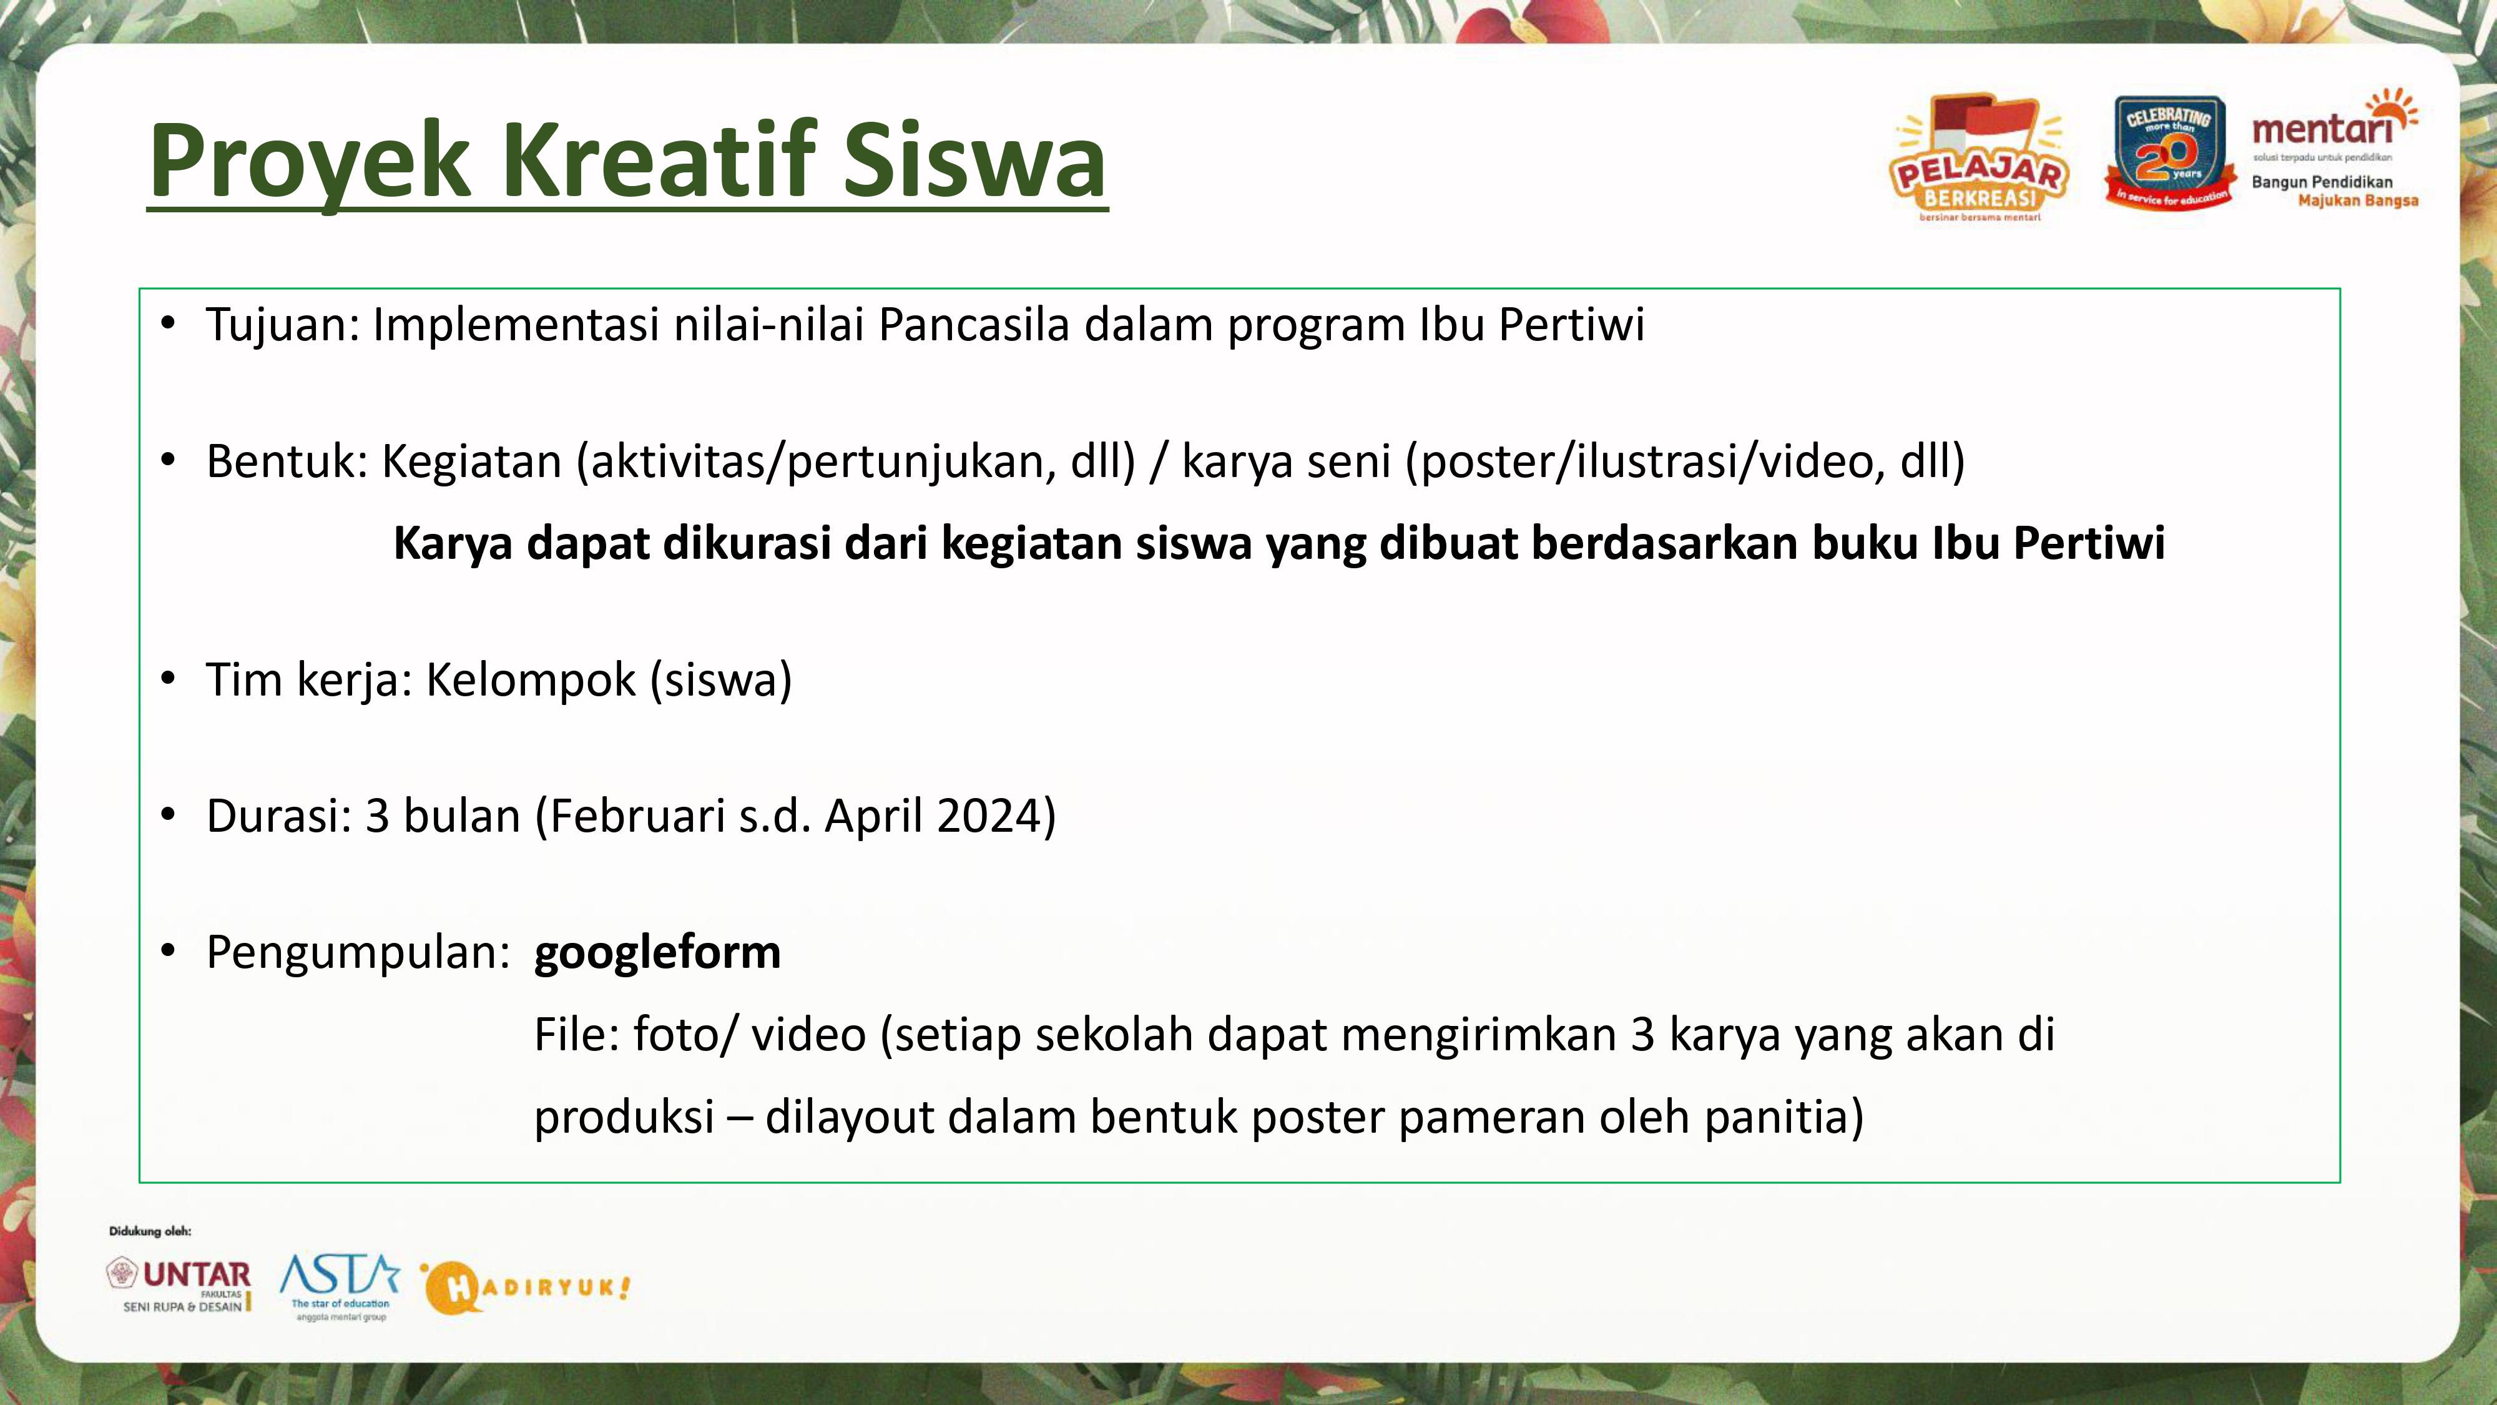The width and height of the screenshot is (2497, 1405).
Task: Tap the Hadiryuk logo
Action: (x=526, y=1288)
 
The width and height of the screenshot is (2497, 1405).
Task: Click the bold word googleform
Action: (x=657, y=953)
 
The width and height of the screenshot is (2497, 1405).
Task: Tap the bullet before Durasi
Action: (x=169, y=814)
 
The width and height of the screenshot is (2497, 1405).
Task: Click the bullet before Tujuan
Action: (x=169, y=323)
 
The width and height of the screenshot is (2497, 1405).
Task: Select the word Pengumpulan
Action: (x=358, y=953)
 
